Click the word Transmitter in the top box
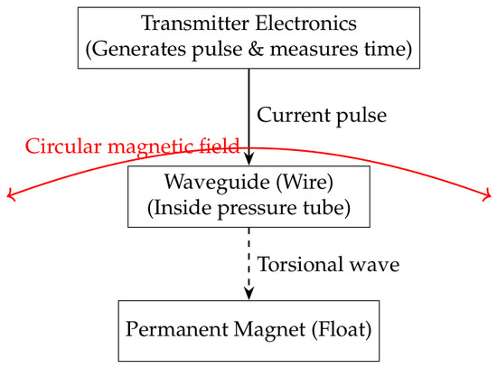pyautogui.click(x=195, y=24)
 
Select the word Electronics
pyautogui.click(x=306, y=24)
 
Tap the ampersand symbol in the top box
pyautogui.click(x=256, y=49)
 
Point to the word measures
pyautogui.click(x=314, y=50)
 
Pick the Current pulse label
pyautogui.click(x=322, y=116)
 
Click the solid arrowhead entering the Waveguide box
pyautogui.click(x=249, y=159)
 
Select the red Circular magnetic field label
pyautogui.click(x=132, y=146)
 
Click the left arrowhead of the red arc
pyautogui.click(x=11, y=194)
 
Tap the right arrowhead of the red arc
pyautogui.click(x=487, y=194)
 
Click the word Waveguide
pyautogui.click(x=217, y=183)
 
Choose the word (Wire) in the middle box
pyautogui.click(x=305, y=183)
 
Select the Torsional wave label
pyautogui.click(x=328, y=264)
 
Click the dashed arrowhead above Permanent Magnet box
pyautogui.click(x=249, y=294)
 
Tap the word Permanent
pyautogui.click(x=176, y=329)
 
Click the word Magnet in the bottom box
pyautogui.click(x=270, y=329)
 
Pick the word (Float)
pyautogui.click(x=342, y=330)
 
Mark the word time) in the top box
pyautogui.click(x=388, y=49)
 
